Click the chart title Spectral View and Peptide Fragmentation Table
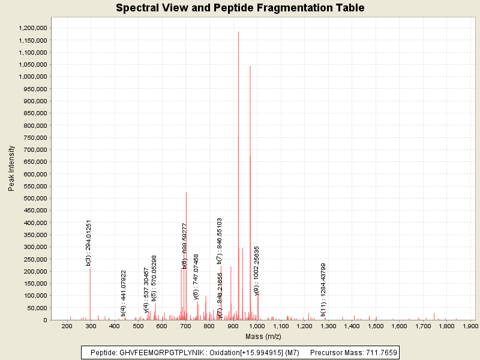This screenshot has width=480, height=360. pyautogui.click(x=240, y=8)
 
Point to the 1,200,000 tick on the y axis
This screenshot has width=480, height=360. pyautogui.click(x=33, y=28)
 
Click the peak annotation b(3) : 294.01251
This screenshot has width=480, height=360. pyautogui.click(x=89, y=242)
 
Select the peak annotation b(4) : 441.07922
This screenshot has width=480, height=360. pyautogui.click(x=124, y=293)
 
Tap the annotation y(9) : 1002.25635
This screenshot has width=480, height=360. pyautogui.click(x=257, y=271)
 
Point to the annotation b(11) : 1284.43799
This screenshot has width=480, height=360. pyautogui.click(x=323, y=289)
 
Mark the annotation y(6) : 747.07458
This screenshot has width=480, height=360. pyautogui.click(x=196, y=276)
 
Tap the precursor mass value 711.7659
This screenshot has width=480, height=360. pyautogui.click(x=379, y=352)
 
